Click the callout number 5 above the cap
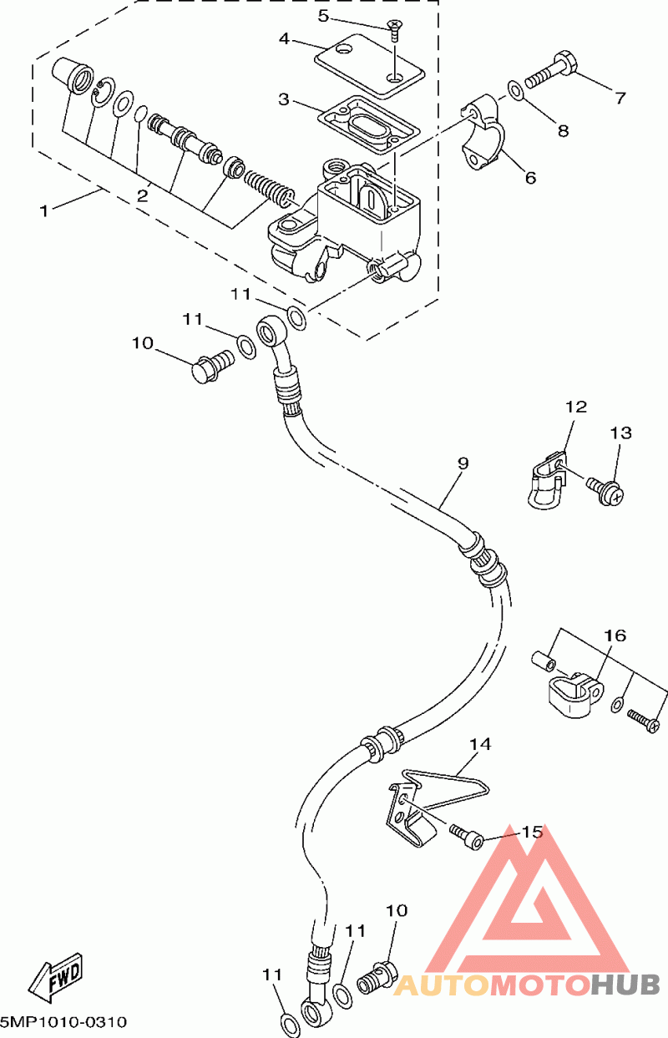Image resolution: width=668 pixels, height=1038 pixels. tap(323, 16)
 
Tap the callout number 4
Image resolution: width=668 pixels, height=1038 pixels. tap(284, 39)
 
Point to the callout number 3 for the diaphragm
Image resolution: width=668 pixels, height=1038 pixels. tap(284, 99)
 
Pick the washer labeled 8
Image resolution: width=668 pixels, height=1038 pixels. tap(515, 90)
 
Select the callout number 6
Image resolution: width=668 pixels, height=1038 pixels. tap(530, 178)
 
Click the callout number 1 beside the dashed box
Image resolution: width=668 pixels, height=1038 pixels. tap(44, 211)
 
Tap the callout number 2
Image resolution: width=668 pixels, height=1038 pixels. tap(142, 195)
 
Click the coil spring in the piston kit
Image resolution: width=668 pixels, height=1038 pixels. tap(269, 188)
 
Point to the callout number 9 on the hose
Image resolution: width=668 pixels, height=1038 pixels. tap(463, 463)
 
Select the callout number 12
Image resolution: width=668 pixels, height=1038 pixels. tap(576, 407)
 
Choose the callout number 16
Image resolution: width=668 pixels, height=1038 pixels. tap(615, 635)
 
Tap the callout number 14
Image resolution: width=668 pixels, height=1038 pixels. tap(480, 745)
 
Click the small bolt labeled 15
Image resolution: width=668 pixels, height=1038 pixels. tap(466, 836)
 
